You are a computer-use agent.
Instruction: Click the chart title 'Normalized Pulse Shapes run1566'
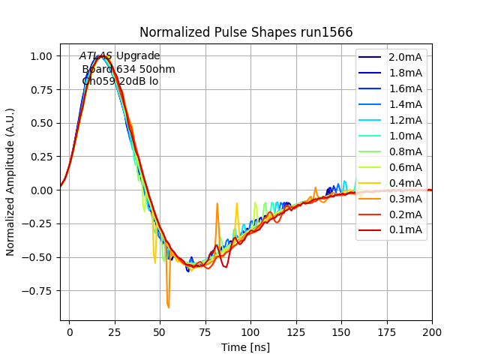click(x=246, y=32)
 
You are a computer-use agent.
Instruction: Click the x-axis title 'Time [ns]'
click(x=246, y=347)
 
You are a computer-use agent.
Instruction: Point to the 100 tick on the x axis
click(x=250, y=331)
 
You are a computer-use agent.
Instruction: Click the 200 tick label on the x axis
click(x=432, y=331)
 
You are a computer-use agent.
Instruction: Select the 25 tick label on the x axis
click(x=115, y=331)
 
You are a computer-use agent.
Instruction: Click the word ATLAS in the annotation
click(x=96, y=56)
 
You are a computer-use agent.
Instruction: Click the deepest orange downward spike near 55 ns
click(x=169, y=306)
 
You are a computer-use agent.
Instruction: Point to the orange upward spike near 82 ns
click(x=217, y=204)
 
